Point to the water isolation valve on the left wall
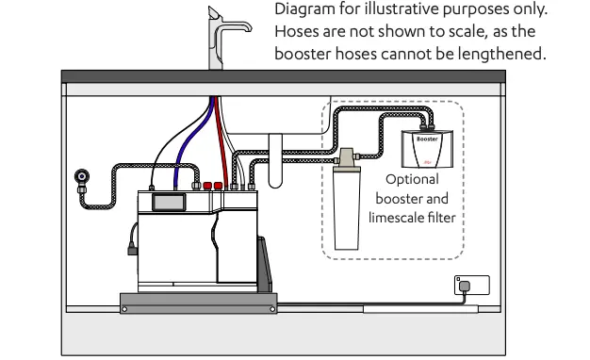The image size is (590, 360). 82,175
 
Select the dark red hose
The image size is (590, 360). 216,141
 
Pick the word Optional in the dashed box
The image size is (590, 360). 412,180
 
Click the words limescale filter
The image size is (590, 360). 412,219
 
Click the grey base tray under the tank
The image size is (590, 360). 198,301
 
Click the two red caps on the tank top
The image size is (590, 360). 212,186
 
